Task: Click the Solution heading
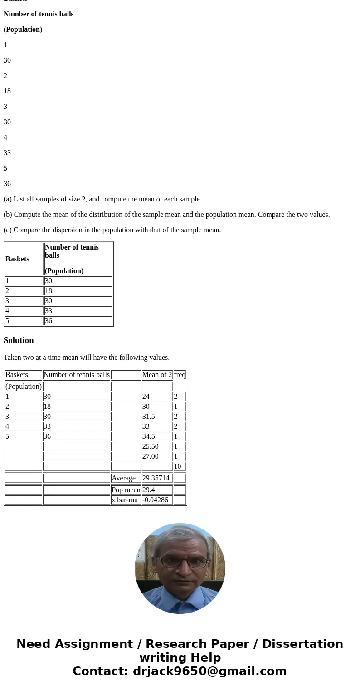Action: point(19,340)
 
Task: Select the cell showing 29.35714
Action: point(156,478)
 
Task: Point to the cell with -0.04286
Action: point(155,500)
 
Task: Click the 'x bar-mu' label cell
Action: point(125,500)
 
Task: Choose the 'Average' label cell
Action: point(123,478)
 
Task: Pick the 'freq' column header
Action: point(180,375)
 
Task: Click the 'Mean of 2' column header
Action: point(157,375)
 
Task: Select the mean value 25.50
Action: point(150,446)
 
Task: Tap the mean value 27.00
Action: point(150,456)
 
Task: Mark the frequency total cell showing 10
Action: point(177,466)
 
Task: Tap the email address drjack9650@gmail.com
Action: point(209,671)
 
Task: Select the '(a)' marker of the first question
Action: point(8,199)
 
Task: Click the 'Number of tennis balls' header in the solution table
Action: point(77,375)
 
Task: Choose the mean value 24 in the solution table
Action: point(146,397)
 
